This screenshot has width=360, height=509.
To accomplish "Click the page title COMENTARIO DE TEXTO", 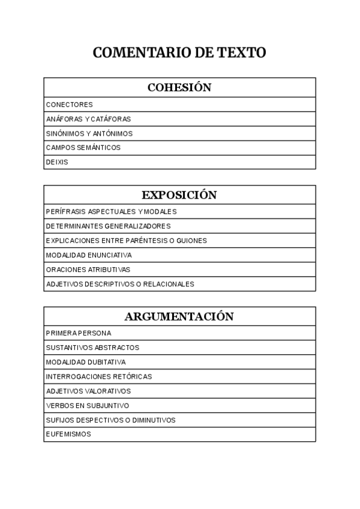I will click(x=179, y=53).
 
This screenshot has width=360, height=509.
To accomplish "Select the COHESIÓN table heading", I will click(x=179, y=88).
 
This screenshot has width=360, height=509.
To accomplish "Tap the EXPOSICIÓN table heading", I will click(x=179, y=195).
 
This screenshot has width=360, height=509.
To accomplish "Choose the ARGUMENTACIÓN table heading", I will click(x=179, y=316).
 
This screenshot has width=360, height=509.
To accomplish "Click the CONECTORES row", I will click(x=70, y=104).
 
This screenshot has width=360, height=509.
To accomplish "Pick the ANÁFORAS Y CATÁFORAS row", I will click(x=88, y=119).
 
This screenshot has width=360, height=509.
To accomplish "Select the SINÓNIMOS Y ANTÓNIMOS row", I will click(x=89, y=133).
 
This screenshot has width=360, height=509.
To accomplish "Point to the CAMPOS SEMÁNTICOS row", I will click(x=83, y=148).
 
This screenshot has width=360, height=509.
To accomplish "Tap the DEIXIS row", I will click(x=57, y=162).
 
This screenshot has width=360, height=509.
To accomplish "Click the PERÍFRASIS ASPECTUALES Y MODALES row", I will click(x=111, y=212).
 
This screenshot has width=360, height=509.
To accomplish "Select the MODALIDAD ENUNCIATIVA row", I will click(x=89, y=255).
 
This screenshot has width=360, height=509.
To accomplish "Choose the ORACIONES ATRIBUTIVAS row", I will click(x=88, y=270).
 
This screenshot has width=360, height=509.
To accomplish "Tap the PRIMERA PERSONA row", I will click(x=79, y=333).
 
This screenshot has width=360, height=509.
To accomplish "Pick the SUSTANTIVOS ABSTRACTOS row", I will click(x=92, y=348).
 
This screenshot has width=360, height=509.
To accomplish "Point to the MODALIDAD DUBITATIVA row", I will click(x=86, y=363).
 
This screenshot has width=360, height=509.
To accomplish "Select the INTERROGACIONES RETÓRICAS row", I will click(x=99, y=377).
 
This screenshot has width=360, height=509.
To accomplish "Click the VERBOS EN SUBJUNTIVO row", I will click(x=88, y=406).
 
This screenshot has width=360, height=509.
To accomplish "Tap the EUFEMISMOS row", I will click(x=68, y=435).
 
